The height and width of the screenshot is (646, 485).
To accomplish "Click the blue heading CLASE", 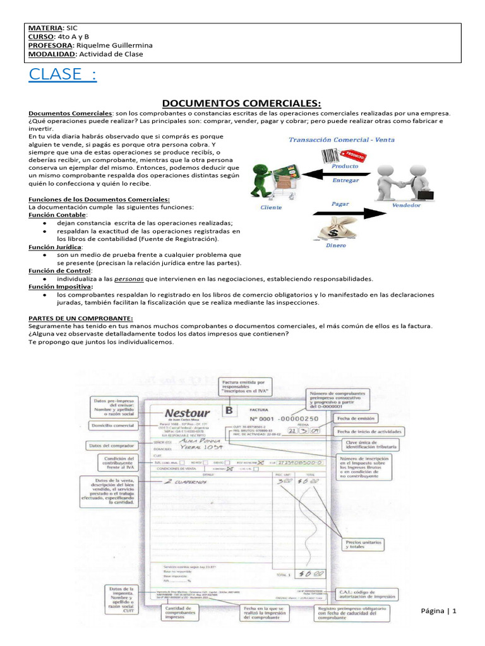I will tap(63, 74).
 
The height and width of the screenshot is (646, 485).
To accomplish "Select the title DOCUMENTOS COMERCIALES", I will tap(242, 103).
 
